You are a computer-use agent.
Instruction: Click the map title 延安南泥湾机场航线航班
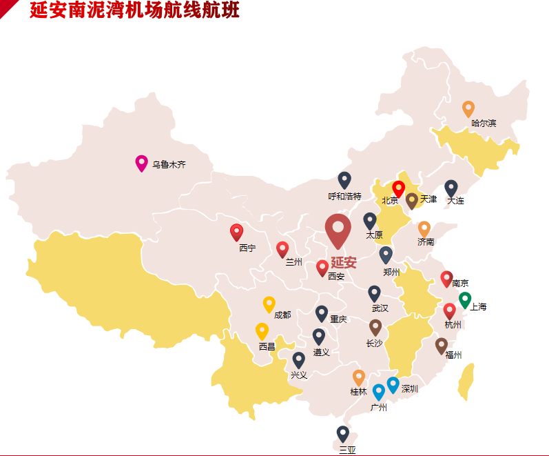coord(134,11)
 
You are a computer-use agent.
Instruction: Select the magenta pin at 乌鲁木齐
coord(141,163)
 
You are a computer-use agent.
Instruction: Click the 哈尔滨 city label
coord(484,123)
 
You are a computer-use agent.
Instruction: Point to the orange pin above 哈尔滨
coord(468,108)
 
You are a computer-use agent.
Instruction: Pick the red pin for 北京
coord(398,188)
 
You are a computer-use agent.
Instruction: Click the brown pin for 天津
coord(412,200)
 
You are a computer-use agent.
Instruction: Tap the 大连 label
coord(455,201)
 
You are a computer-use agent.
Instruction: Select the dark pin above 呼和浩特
coord(344,179)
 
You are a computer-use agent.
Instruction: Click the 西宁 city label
coord(247,248)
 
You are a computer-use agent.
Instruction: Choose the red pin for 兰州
coord(282,249)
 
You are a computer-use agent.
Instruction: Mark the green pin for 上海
coord(465,299)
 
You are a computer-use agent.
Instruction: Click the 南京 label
coord(460,283)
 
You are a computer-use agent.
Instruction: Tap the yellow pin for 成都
coord(269,304)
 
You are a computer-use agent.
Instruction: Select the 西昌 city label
coord(267,347)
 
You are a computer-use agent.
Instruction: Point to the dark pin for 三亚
coord(343,433)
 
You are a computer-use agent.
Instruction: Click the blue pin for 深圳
coord(393,384)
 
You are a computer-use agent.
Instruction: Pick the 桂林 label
coord(358,392)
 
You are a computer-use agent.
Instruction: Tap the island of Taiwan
coord(466,382)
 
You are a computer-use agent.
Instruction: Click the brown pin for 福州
coord(442,345)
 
